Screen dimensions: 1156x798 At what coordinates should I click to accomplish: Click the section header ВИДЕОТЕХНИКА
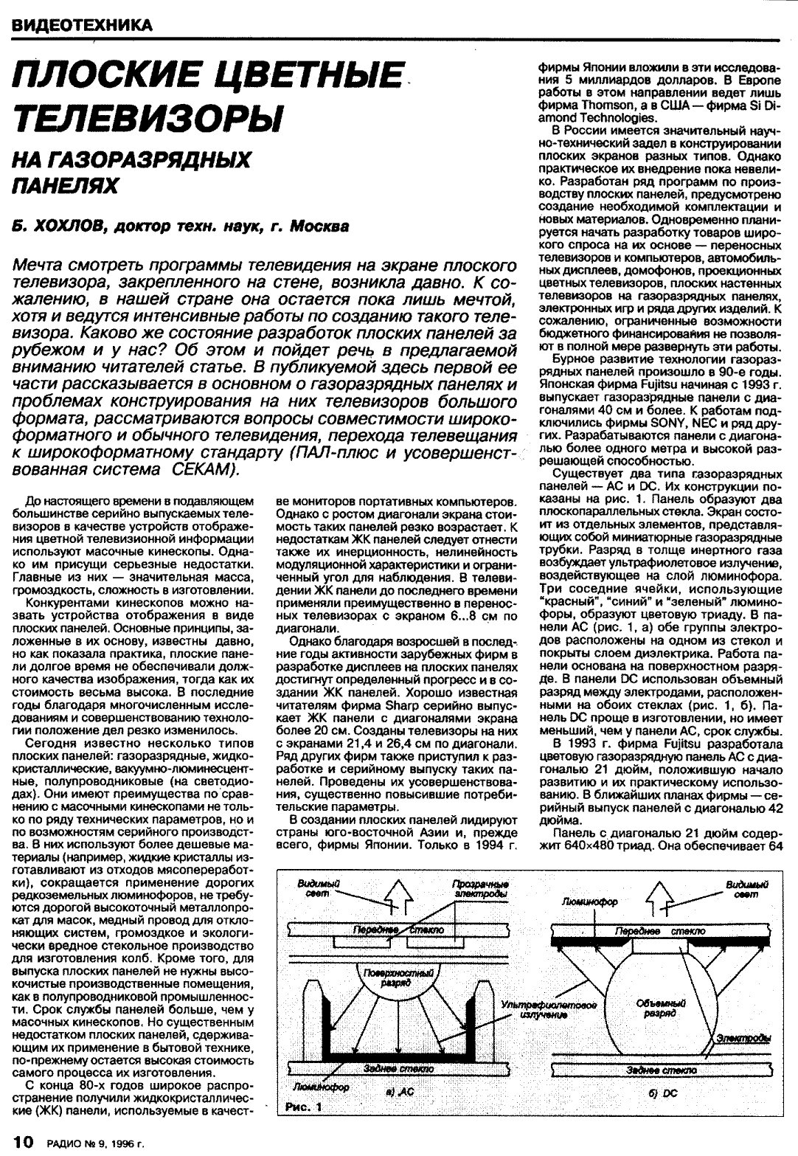click(81, 25)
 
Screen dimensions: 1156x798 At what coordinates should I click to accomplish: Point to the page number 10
click(19, 1143)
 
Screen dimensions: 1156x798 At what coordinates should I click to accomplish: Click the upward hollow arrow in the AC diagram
click(398, 899)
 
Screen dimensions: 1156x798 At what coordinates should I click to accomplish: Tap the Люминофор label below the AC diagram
click(321, 1087)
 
